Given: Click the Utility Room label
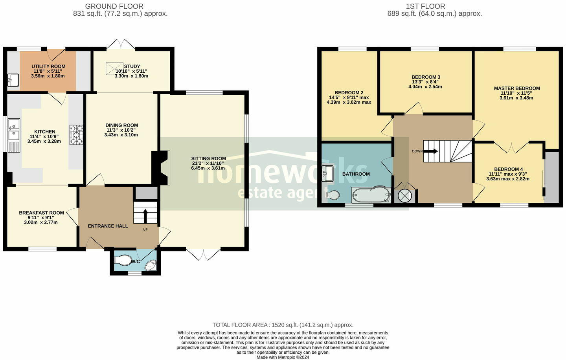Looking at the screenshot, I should tap(48, 66).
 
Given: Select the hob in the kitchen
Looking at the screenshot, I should tap(77, 135).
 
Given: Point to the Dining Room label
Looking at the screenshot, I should tap(121, 125).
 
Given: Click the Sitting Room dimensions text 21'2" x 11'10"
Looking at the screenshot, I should tap(208, 163).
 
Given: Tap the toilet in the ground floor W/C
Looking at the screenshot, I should tap(123, 260).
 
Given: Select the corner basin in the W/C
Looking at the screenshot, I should tap(151, 266).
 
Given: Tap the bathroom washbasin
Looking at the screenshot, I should tap(328, 173).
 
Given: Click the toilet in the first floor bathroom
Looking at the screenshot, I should tap(333, 195).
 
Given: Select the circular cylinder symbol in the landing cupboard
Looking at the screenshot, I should tap(404, 196).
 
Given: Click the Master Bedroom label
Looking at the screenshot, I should tap(516, 88).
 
